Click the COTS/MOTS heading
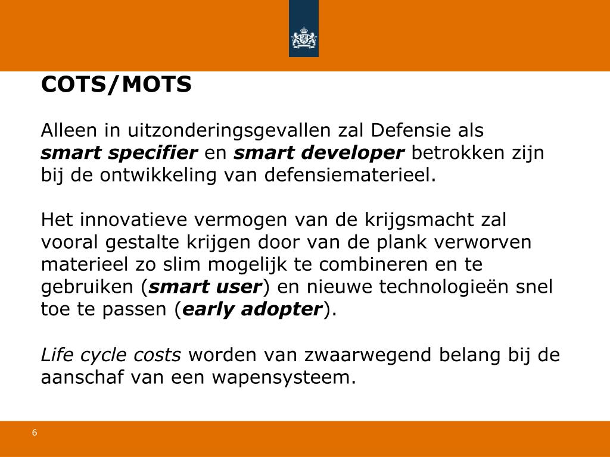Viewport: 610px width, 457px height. tap(116, 85)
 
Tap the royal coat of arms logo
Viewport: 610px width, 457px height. tap(304, 39)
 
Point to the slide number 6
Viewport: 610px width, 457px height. tap(35, 433)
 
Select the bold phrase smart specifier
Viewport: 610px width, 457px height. tap(119, 153)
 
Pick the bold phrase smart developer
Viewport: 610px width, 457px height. tap(319, 153)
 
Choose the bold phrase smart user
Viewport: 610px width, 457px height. tap(206, 287)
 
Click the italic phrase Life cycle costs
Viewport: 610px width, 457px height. tap(111, 355)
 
